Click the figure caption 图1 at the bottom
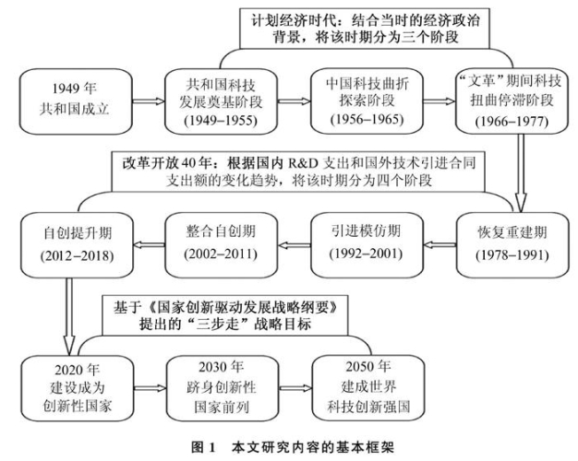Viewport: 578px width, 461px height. pyautogui.click(x=290, y=447)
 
